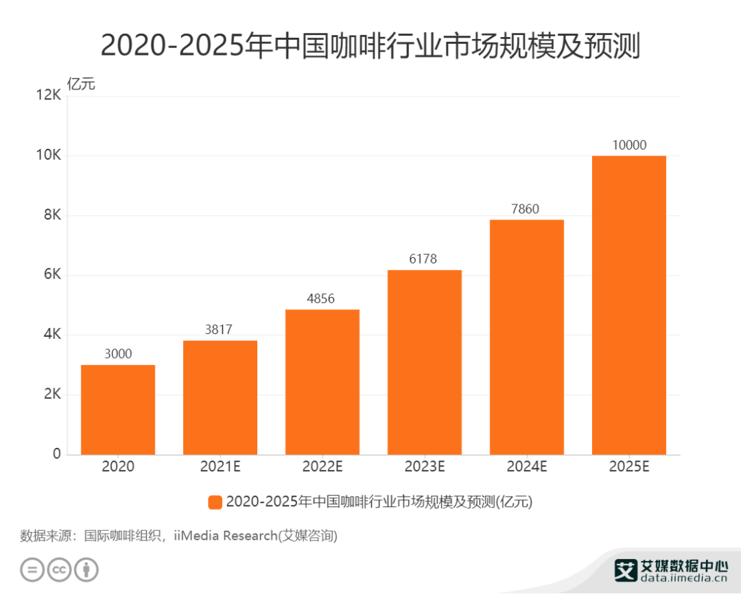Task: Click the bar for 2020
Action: coord(118,409)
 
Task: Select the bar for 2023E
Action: coord(424,362)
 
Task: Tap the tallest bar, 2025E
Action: coord(628,305)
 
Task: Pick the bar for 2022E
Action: coord(322,382)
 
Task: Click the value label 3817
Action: coord(219,330)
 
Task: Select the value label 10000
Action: coord(628,145)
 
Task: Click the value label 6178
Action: coord(424,259)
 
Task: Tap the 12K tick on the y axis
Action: coord(49,96)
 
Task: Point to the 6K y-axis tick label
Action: coord(52,275)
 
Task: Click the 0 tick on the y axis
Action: coord(56,454)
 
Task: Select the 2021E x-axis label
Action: coord(220,468)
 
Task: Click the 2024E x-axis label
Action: coord(526,468)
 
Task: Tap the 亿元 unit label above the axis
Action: coord(81,84)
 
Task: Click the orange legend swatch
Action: coord(215,502)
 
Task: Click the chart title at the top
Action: coord(370,47)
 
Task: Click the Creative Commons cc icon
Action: coord(60,570)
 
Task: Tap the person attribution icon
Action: coord(86,570)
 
